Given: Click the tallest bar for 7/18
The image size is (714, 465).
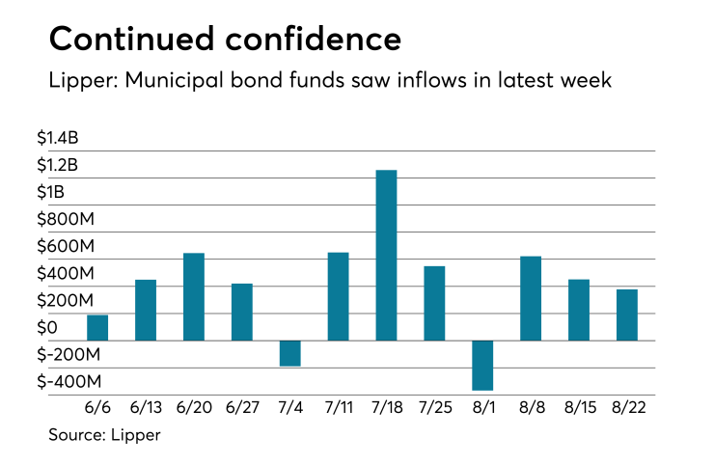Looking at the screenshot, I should (x=386, y=255).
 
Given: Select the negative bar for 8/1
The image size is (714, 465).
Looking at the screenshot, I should (x=482, y=365).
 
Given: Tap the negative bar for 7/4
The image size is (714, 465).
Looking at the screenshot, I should (x=289, y=353).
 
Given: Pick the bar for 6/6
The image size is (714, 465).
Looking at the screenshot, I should (x=97, y=328).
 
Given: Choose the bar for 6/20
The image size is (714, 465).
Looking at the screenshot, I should (x=194, y=296).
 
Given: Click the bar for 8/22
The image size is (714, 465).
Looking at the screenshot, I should (x=627, y=315).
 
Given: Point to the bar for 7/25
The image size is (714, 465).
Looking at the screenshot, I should (x=434, y=303).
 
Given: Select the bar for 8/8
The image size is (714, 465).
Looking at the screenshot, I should (x=531, y=298).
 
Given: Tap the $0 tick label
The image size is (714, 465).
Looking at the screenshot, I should (x=60, y=328).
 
